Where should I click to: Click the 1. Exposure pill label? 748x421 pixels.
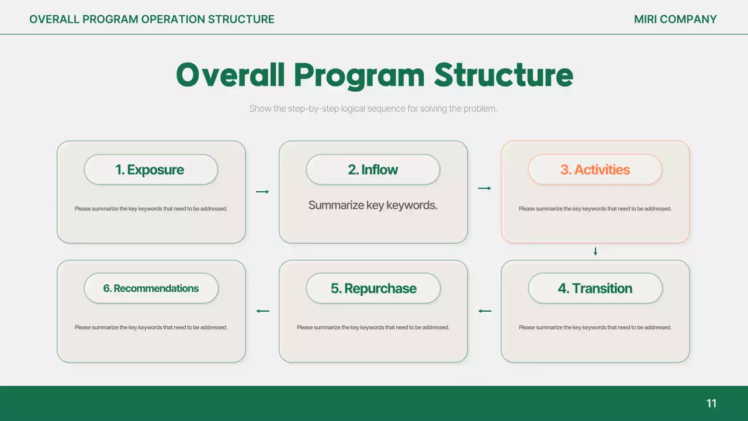pyautogui.click(x=151, y=170)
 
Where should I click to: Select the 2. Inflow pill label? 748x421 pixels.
pyautogui.click(x=373, y=170)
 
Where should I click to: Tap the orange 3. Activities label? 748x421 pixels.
pyautogui.click(x=595, y=170)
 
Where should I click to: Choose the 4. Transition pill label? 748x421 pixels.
pyautogui.click(x=595, y=288)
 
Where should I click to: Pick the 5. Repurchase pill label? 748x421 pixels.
pyautogui.click(x=373, y=288)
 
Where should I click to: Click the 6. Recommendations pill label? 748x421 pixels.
pyautogui.click(x=151, y=288)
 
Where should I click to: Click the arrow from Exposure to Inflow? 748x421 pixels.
pyautogui.click(x=262, y=192)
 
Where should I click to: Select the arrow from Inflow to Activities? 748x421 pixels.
pyautogui.click(x=484, y=188)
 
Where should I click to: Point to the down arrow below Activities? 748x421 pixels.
pyautogui.click(x=595, y=251)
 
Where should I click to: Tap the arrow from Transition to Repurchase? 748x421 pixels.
pyautogui.click(x=484, y=311)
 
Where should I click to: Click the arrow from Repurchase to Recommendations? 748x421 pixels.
pyautogui.click(x=262, y=311)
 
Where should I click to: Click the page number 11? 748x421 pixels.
pyautogui.click(x=711, y=403)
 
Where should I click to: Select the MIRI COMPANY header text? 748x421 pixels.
pyautogui.click(x=675, y=19)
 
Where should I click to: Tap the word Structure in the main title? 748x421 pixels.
pyautogui.click(x=503, y=75)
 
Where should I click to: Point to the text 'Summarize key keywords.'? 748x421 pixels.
pyautogui.click(x=373, y=205)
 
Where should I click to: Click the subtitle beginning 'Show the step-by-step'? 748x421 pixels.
pyautogui.click(x=373, y=109)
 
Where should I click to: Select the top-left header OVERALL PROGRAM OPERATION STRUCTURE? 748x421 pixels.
pyautogui.click(x=152, y=19)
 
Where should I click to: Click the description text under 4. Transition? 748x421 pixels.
pyautogui.click(x=595, y=327)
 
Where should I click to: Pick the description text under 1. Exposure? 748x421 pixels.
pyautogui.click(x=151, y=209)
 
